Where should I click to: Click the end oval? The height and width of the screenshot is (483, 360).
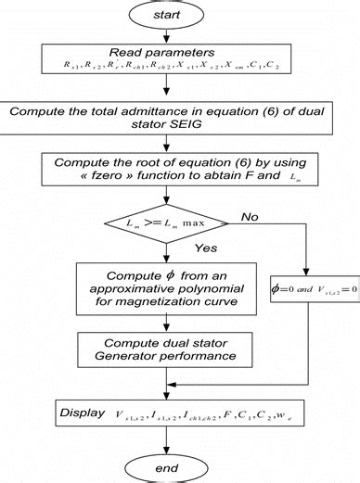click(165, 468)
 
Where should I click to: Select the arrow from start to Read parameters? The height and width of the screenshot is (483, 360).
click(165, 35)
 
